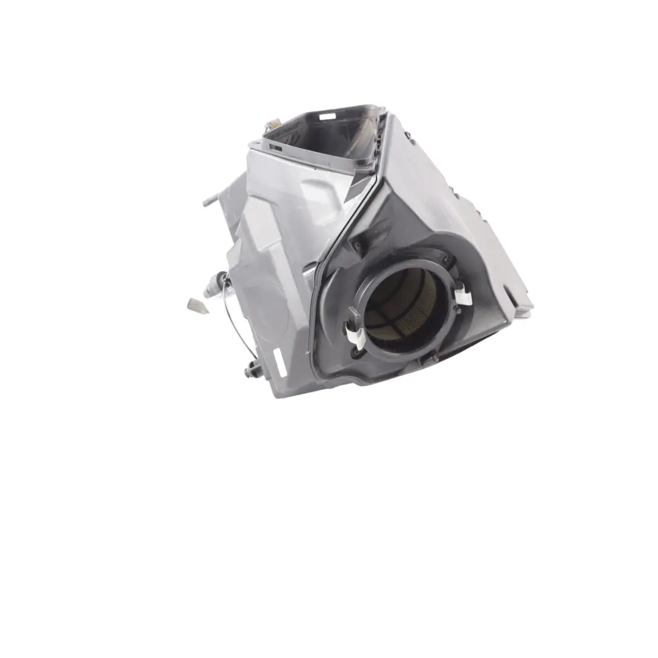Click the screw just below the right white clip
[x=456, y=311]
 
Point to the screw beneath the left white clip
[x=355, y=352]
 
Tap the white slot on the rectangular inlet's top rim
[x=327, y=116]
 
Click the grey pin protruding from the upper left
[x=210, y=199]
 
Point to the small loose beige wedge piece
[x=199, y=305]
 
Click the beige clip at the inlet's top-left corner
[x=269, y=127]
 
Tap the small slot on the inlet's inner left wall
[x=276, y=147]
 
